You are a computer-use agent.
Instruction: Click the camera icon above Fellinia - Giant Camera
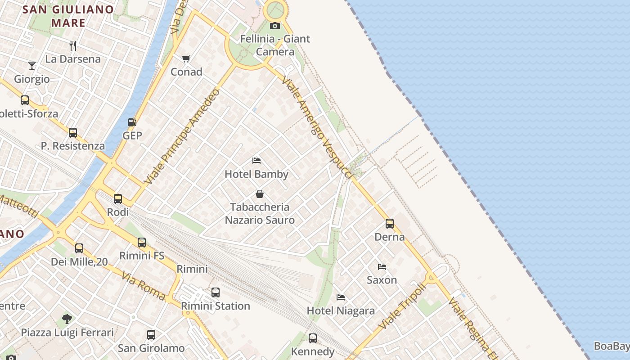pos(274,26)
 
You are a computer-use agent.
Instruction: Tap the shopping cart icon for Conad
pos(186,58)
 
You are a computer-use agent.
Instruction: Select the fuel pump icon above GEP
pos(132,122)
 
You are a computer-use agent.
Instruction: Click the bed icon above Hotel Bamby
pos(256,161)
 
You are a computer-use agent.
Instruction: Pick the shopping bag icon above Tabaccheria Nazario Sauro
pos(259,194)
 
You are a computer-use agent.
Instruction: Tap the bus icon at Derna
pos(389,223)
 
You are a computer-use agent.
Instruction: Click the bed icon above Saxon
pos(382,266)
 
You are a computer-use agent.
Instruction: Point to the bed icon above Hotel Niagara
pos(341,297)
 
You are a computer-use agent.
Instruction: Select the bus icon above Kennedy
pos(313,338)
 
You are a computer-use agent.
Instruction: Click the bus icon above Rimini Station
pos(216,292)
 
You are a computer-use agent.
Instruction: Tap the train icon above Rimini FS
pos(142,242)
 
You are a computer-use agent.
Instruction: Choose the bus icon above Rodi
pos(118,198)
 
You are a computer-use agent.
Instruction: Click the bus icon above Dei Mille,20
pos(79,248)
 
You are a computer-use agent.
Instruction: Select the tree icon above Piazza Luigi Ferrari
pos(67,319)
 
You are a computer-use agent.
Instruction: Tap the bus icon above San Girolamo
pos(151,335)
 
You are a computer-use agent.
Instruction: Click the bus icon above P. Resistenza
pos(73,133)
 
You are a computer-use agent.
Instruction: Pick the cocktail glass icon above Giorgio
pos(31,66)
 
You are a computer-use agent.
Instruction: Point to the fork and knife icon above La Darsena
pos(73,45)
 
